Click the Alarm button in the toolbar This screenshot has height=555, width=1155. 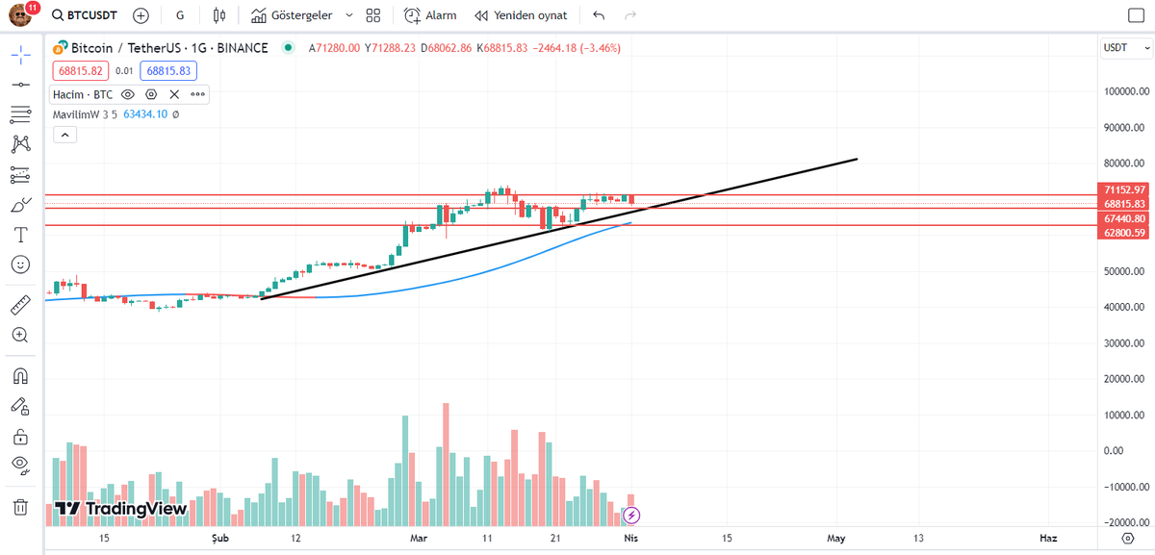pos(430,15)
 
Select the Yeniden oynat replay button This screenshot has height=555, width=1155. pos(521,15)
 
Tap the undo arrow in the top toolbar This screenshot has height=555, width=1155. pos(599,15)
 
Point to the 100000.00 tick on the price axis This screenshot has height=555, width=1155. pos(1124,91)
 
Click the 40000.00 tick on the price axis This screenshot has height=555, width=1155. pos(1124,307)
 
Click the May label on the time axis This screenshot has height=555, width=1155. pos(835,538)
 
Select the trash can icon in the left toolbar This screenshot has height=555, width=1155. pos(20,506)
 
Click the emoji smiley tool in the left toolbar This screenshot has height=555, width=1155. pos(20,264)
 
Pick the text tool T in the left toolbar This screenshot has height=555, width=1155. pos(20,234)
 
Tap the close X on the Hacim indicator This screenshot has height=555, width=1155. pos(174,94)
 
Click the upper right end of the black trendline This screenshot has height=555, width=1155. pos(856,159)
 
